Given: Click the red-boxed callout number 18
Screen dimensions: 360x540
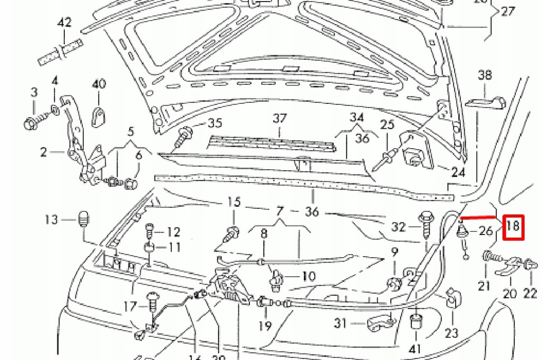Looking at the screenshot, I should click(x=514, y=228).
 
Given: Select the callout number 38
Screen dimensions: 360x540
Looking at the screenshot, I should click(x=485, y=75).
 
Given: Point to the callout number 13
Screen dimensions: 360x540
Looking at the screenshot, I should click(x=51, y=219).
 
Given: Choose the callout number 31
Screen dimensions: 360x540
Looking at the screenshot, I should click(x=341, y=322).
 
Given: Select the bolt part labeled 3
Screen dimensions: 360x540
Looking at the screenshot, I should click(x=31, y=124).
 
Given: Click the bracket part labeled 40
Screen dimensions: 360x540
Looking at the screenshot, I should click(x=99, y=116).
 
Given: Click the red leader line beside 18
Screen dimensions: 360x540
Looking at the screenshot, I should click(x=478, y=217).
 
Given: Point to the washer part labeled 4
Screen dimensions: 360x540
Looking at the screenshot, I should click(x=55, y=110).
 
